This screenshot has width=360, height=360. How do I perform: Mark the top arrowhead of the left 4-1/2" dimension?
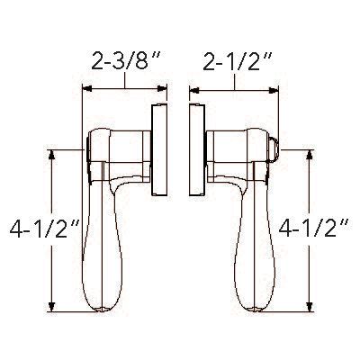[x=55, y=154]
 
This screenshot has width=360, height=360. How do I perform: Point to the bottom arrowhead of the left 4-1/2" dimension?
[x=55, y=305]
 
